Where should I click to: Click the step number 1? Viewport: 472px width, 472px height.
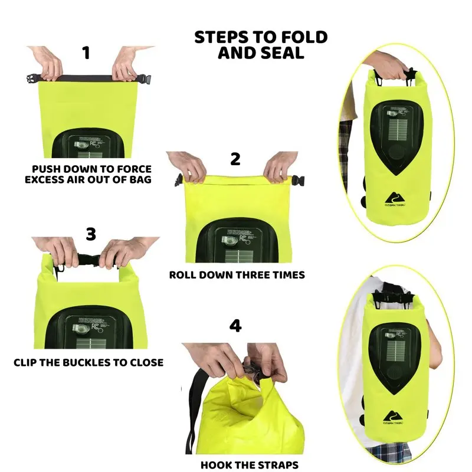(x=86, y=53)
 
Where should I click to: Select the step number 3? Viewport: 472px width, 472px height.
(x=90, y=234)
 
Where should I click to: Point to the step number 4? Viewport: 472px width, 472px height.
(x=235, y=326)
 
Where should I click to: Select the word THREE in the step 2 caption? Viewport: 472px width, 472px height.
(x=257, y=275)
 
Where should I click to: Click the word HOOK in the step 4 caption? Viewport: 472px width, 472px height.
(x=217, y=465)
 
